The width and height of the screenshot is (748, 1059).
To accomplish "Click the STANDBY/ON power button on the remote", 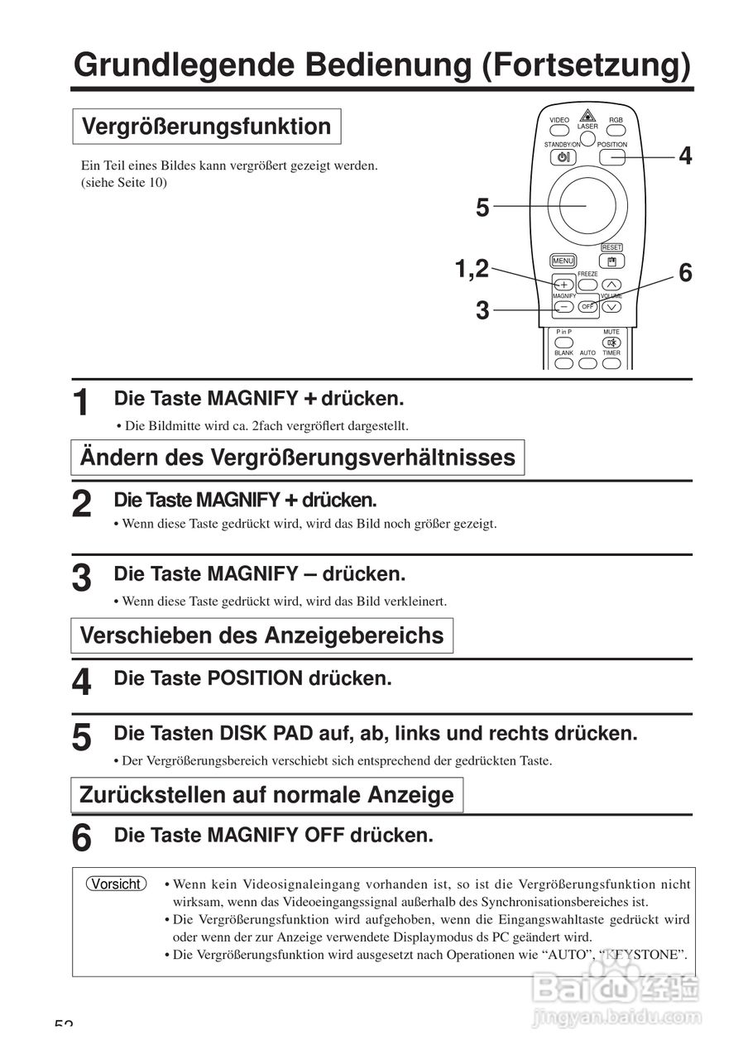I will (x=563, y=157).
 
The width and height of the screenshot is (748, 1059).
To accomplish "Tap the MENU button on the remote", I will (x=563, y=261).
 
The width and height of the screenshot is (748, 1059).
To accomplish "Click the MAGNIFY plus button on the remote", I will (x=563, y=285).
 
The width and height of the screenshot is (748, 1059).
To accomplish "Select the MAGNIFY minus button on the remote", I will (x=563, y=307).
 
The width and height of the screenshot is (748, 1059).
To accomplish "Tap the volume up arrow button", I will (x=611, y=285).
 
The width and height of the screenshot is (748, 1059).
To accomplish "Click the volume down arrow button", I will (x=611, y=307).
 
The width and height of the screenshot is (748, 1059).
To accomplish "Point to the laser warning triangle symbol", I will (x=587, y=116).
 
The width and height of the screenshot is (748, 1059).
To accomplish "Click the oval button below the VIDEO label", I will (x=559, y=131).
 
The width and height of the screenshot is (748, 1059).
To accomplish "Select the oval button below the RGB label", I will (x=616, y=131).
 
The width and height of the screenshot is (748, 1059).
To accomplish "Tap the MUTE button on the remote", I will (x=611, y=342).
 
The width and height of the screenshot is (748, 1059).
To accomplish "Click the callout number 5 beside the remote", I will (x=482, y=208).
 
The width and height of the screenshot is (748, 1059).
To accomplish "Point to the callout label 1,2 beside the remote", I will (x=471, y=267).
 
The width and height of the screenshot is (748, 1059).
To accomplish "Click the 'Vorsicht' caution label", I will (x=116, y=884).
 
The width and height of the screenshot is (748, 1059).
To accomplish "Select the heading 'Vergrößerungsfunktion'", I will (x=207, y=127).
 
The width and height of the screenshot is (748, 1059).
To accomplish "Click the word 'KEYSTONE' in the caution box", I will (x=642, y=955).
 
